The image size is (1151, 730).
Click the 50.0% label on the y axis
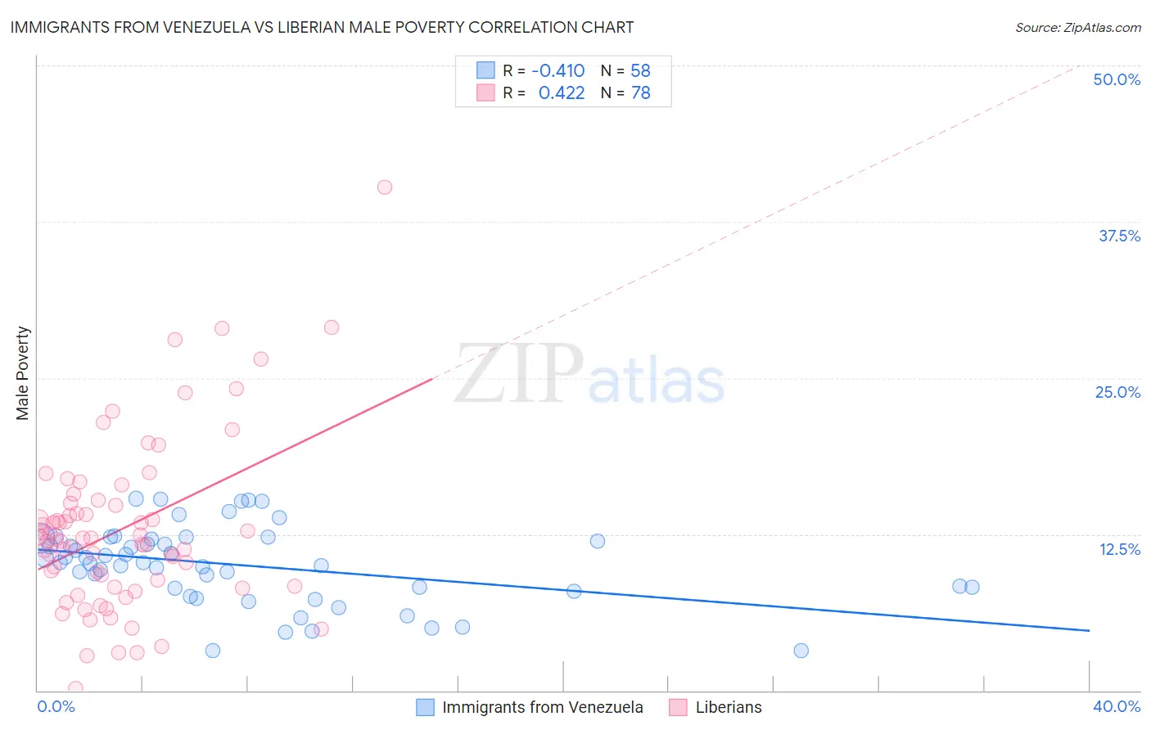pos(1117,79)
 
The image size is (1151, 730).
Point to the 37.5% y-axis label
pos(1119,236)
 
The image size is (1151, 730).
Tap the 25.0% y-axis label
pos(1117,392)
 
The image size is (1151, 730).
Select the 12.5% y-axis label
pos(1119,549)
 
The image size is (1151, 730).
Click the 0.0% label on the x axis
pos(56,706)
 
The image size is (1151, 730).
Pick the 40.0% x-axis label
pos(1116,706)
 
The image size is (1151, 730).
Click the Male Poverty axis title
pos(23,373)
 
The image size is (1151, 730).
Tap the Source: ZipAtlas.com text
pos(1077,27)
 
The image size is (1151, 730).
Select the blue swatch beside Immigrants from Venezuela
pos(425,707)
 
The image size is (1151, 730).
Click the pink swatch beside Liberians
pos(678,707)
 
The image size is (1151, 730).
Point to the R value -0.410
pos(557,70)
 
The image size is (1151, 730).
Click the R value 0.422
pos(561,93)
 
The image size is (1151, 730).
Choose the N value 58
pos(640,70)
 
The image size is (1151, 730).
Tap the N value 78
pos(640,93)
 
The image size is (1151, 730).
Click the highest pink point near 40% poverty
pos(385,187)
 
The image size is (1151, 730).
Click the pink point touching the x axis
pos(75,688)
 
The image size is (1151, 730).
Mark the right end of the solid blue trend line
pos(1089,630)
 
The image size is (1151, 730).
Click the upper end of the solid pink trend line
pos(432,379)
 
